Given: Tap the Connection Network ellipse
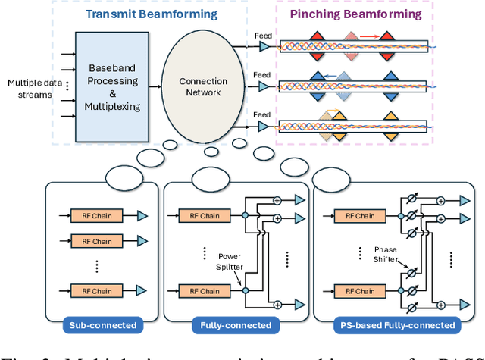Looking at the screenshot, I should (x=202, y=86).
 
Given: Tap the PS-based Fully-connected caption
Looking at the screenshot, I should (x=393, y=325).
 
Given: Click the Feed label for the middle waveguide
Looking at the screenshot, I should (x=261, y=74).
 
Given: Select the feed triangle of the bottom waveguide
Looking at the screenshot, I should (x=264, y=127).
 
